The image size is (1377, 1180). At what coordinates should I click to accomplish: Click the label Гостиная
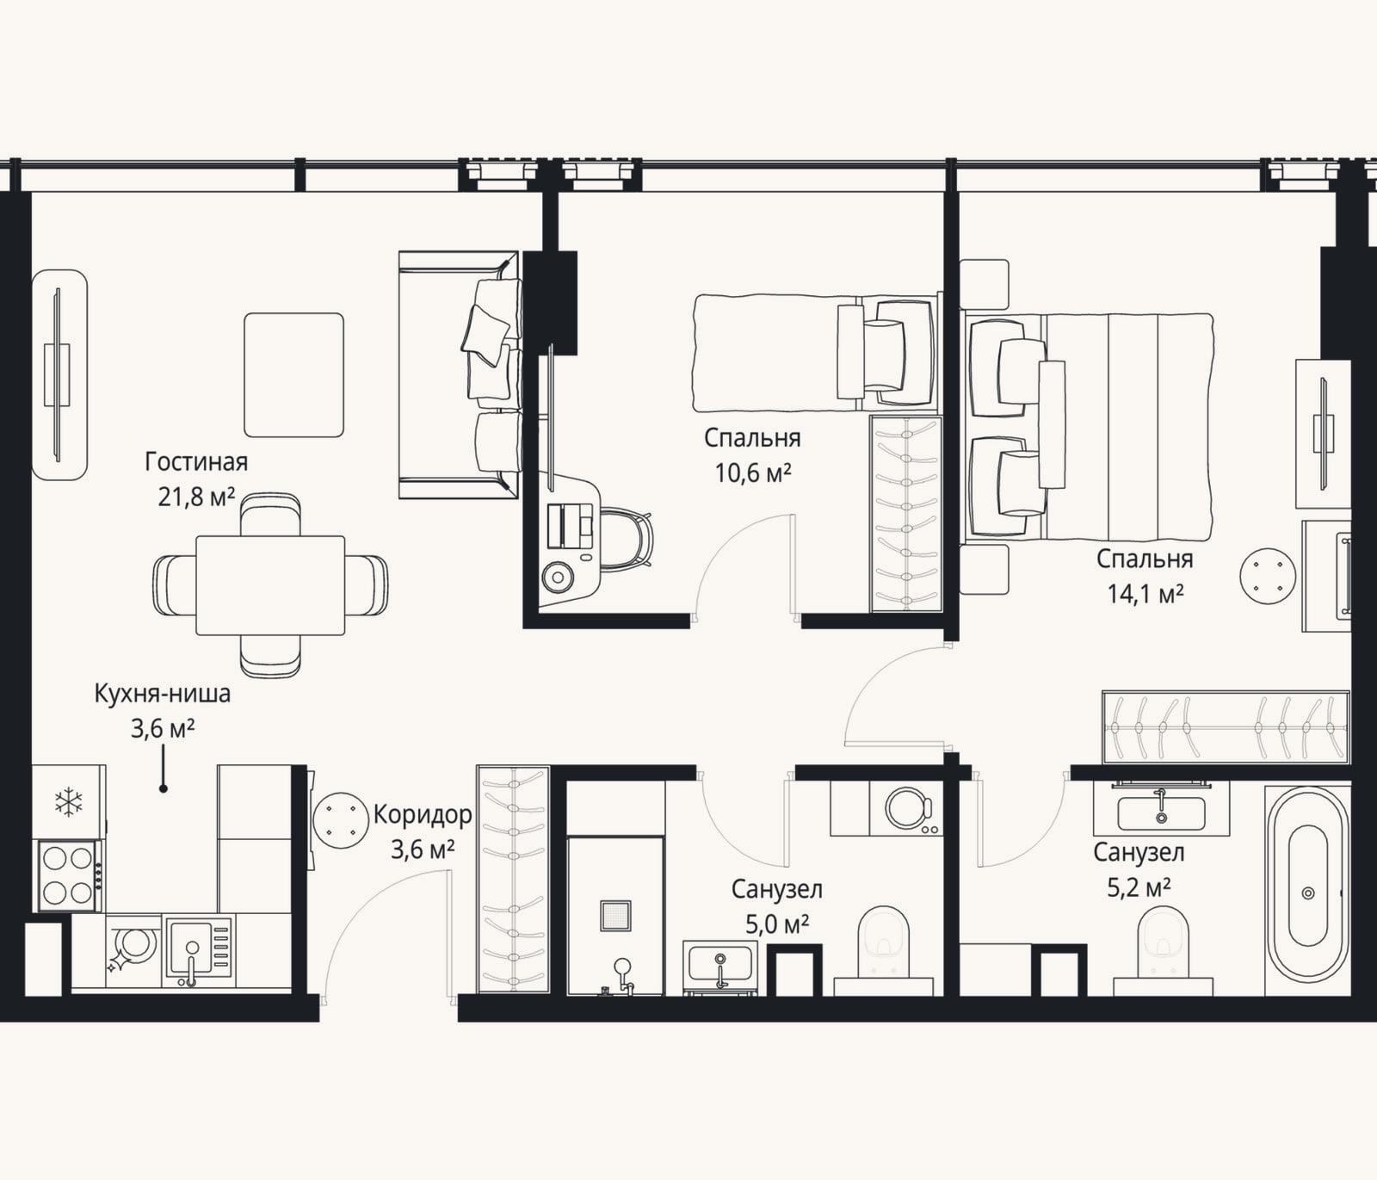pyautogui.click(x=196, y=462)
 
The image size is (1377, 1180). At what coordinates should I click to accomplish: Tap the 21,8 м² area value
pyautogui.click(x=196, y=497)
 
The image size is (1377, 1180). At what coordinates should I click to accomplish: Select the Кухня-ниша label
pyautogui.click(x=163, y=694)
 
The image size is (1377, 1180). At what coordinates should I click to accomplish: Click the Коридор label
pyautogui.click(x=423, y=815)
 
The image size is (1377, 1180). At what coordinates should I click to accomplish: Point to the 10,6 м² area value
pyautogui.click(x=753, y=473)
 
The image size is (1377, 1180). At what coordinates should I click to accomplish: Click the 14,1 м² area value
pyautogui.click(x=1145, y=594)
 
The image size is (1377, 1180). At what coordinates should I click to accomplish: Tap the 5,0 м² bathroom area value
pyautogui.click(x=777, y=924)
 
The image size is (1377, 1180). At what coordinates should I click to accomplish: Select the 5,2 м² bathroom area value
pyautogui.click(x=1139, y=887)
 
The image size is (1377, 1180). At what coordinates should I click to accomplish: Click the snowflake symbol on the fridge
pyautogui.click(x=68, y=802)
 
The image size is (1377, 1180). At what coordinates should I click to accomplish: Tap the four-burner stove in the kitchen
pyautogui.click(x=68, y=875)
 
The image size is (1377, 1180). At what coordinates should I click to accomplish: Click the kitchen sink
pyautogui.click(x=199, y=949)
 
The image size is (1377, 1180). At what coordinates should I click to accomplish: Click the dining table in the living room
pyautogui.click(x=270, y=585)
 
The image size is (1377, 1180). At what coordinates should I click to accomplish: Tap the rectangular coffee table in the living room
pyautogui.click(x=293, y=375)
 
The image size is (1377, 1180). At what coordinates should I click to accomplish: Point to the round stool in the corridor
pyautogui.click(x=342, y=820)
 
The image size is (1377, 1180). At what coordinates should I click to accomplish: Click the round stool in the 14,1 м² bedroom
pyautogui.click(x=1268, y=575)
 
